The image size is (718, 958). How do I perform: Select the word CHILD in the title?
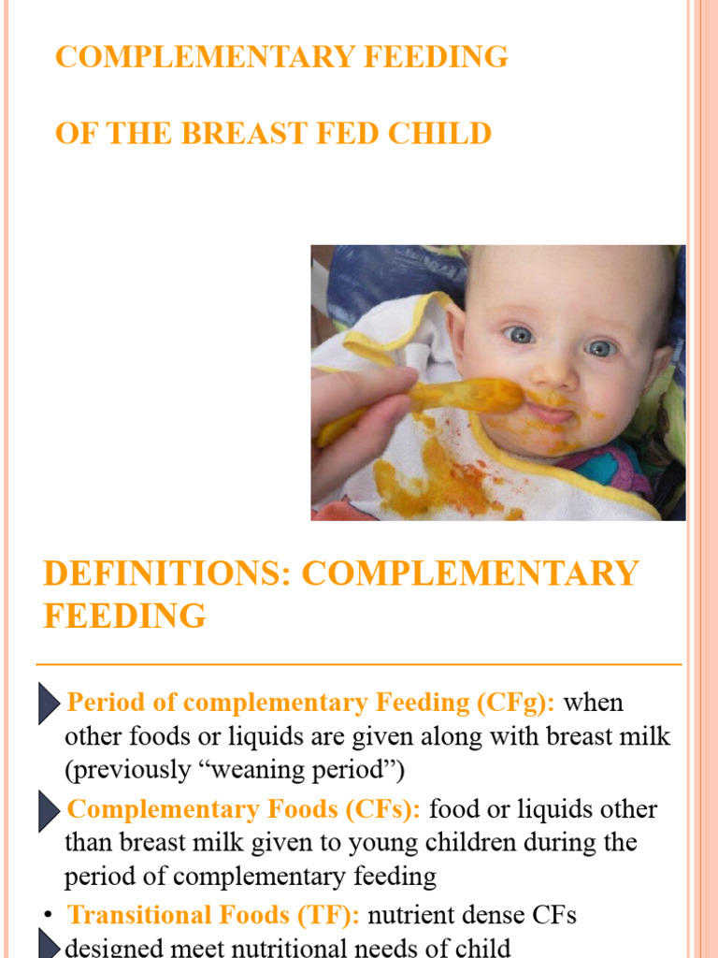coord(443,133)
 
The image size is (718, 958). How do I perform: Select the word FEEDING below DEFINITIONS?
coord(124,616)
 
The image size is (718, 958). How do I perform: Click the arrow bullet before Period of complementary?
coord(50,704)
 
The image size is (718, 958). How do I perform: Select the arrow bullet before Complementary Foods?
coord(50,810)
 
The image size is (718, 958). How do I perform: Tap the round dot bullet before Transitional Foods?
coord(48,916)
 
